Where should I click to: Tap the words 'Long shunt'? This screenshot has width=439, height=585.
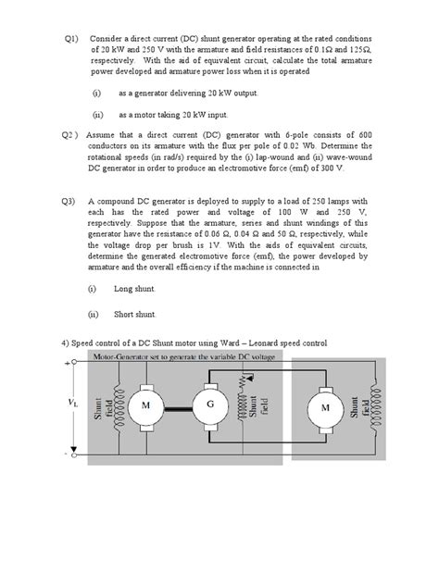(x=134, y=289)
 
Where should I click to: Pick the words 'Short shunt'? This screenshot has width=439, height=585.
(x=136, y=313)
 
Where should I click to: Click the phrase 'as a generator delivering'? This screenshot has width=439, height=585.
(x=167, y=93)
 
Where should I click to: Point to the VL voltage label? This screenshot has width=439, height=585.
(x=73, y=404)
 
